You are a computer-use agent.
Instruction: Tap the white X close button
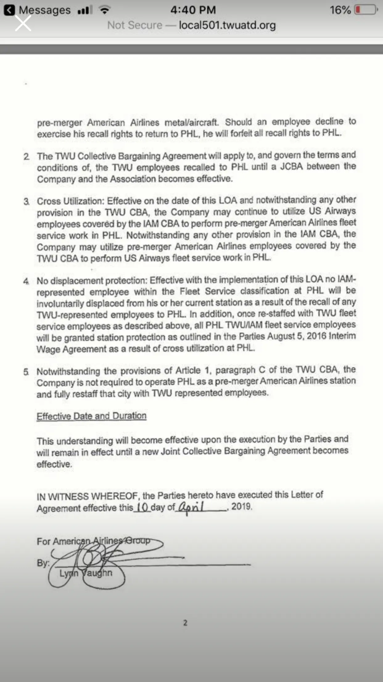pos(23,23)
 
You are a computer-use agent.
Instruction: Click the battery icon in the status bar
pos(366,10)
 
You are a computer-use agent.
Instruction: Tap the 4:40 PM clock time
pos(193,10)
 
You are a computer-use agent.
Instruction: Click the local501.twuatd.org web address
pos(227,25)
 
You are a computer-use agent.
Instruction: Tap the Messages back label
pos(44,10)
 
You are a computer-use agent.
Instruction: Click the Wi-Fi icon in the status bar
pos(105,10)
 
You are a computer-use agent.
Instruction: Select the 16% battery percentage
pos(340,10)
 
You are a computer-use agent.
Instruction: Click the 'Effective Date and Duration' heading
pos(91,416)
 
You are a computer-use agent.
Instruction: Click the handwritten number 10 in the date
pos(142,507)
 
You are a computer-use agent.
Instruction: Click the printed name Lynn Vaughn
pos(86,573)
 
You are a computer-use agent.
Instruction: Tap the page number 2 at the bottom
pos(185,623)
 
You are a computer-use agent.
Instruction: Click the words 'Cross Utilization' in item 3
pos(71,201)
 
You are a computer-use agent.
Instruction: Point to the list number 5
pos(26,372)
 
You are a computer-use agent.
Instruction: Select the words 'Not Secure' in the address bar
pos(134,25)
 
